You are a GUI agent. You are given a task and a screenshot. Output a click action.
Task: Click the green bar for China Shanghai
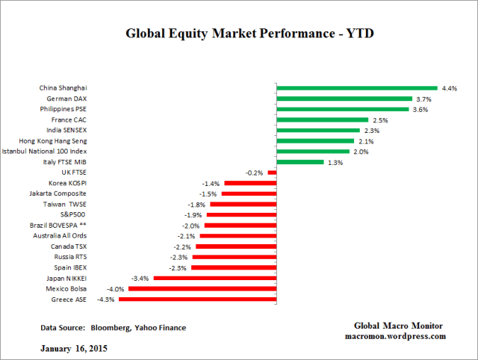tap(357, 88)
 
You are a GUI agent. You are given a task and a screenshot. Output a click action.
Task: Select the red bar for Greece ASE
tap(198, 300)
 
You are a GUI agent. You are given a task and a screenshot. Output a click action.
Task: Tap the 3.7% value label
tap(423, 99)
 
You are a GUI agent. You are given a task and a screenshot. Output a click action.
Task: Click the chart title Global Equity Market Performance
tap(239, 34)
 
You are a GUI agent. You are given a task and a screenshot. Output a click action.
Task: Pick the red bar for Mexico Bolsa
tap(202, 288)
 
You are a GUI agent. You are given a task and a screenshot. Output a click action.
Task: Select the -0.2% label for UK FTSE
tap(256, 173)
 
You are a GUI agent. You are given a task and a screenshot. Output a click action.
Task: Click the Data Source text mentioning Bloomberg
tap(113, 327)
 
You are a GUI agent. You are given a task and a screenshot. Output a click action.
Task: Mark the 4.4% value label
tap(449, 88)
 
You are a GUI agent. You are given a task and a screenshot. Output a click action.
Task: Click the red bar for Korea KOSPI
tap(249, 183)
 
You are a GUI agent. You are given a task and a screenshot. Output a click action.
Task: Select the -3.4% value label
tap(140, 278)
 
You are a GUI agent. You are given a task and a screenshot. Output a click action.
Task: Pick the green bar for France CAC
tap(323, 120)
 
